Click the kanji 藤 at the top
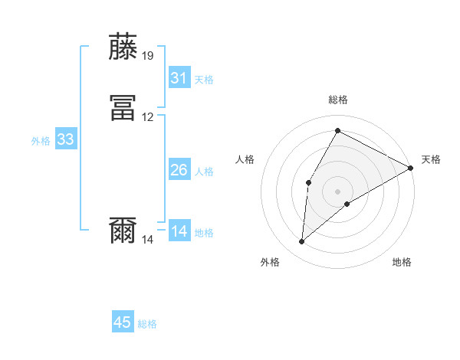pyautogui.click(x=123, y=47)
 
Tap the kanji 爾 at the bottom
pyautogui.click(x=123, y=231)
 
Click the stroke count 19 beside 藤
pyautogui.click(x=148, y=56)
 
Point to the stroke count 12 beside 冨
pyautogui.click(x=148, y=117)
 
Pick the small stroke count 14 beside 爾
pyautogui.click(x=148, y=240)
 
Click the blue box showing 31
pyautogui.click(x=179, y=78)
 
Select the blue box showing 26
pyautogui.click(x=179, y=170)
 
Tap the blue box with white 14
pyautogui.click(x=179, y=231)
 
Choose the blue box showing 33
pyautogui.click(x=65, y=139)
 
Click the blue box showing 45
pyautogui.click(x=123, y=322)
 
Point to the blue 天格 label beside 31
pyautogui.click(x=204, y=80)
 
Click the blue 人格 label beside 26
pyautogui.click(x=204, y=172)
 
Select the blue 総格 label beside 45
pyautogui.click(x=147, y=324)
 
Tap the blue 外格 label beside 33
pyautogui.click(x=41, y=141)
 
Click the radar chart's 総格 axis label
pyautogui.click(x=337, y=100)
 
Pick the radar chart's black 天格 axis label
pyautogui.click(x=431, y=159)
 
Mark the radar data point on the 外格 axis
pyautogui.click(x=302, y=242)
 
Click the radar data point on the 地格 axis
pyautogui.click(x=347, y=204)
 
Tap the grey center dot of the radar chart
pyautogui.click(x=337, y=191)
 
